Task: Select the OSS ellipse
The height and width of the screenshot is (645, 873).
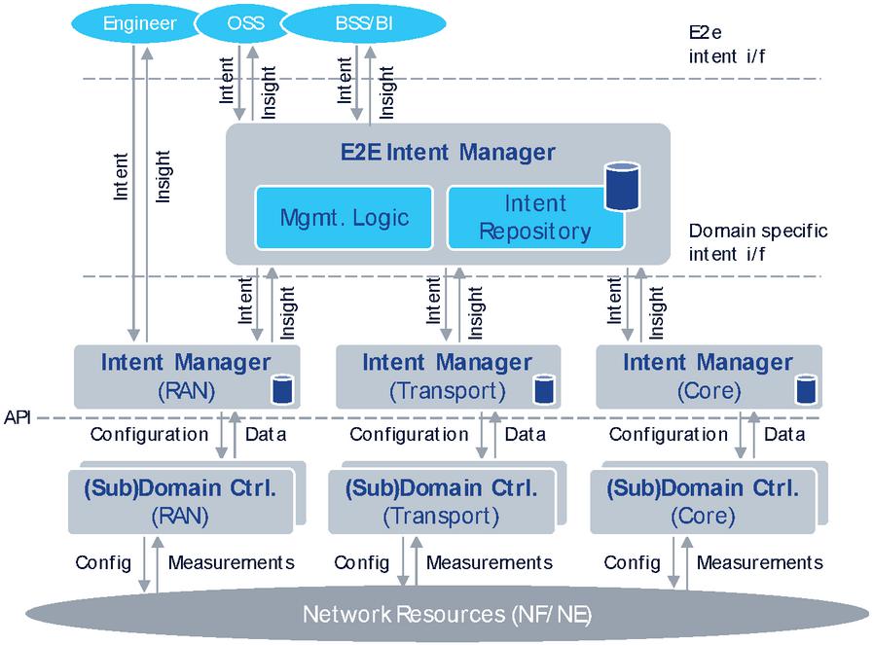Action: (244, 22)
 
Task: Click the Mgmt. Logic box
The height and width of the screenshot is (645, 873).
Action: (345, 216)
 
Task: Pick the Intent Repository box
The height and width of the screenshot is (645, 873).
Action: (535, 217)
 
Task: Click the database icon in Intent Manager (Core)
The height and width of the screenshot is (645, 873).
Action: (804, 390)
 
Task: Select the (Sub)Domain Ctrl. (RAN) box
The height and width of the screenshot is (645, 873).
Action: (180, 501)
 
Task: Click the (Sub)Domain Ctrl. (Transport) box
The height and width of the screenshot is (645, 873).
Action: (442, 501)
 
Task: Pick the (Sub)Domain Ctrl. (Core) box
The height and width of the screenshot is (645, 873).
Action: (703, 501)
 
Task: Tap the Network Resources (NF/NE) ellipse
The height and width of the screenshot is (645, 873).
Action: (447, 614)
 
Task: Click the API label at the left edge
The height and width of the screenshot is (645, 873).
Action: (18, 417)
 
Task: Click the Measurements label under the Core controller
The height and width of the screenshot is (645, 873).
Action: (760, 562)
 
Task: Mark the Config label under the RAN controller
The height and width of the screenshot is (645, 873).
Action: (103, 562)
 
